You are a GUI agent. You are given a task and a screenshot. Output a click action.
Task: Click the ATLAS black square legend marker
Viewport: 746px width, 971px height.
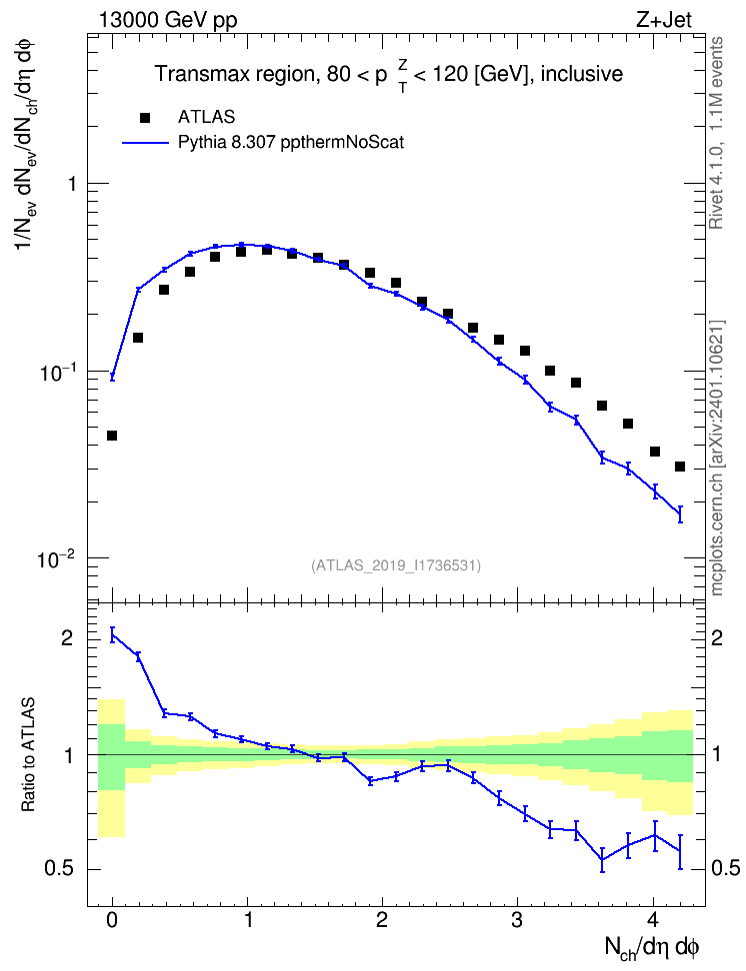tap(145, 117)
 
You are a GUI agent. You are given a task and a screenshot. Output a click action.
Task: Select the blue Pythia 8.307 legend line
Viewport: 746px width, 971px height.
tap(145, 143)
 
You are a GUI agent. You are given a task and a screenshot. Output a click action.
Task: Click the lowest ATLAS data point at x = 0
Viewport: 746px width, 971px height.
tap(112, 436)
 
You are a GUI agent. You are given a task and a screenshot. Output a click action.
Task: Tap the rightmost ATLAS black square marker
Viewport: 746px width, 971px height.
tap(680, 467)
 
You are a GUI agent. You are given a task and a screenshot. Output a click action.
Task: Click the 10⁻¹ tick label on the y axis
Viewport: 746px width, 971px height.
tap(56, 373)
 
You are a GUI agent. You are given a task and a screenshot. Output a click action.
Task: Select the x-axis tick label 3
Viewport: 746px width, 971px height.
tap(517, 920)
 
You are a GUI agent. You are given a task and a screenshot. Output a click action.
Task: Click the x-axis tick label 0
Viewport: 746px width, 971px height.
tap(112, 920)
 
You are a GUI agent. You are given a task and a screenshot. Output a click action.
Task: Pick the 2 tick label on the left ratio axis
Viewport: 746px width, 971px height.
tap(68, 637)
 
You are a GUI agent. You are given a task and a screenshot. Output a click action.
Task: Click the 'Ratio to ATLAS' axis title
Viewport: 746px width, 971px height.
tap(28, 755)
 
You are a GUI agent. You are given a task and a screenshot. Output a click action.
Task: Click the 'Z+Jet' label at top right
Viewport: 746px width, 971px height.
tap(664, 20)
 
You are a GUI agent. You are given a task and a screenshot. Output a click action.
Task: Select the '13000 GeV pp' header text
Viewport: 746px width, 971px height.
tap(167, 21)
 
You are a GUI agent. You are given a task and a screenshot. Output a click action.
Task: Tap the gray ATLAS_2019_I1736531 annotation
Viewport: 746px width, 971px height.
tap(396, 564)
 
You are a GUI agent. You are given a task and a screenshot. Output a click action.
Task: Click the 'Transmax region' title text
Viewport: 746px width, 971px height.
tap(234, 74)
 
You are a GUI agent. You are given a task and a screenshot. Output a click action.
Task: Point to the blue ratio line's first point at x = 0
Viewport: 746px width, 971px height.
tap(112, 634)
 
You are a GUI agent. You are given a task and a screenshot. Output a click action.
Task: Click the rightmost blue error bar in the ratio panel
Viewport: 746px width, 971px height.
tap(680, 851)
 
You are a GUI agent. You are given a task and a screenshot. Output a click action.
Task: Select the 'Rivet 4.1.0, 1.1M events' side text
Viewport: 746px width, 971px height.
tap(716, 133)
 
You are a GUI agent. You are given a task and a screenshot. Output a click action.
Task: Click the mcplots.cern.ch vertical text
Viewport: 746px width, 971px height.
tap(717, 458)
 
